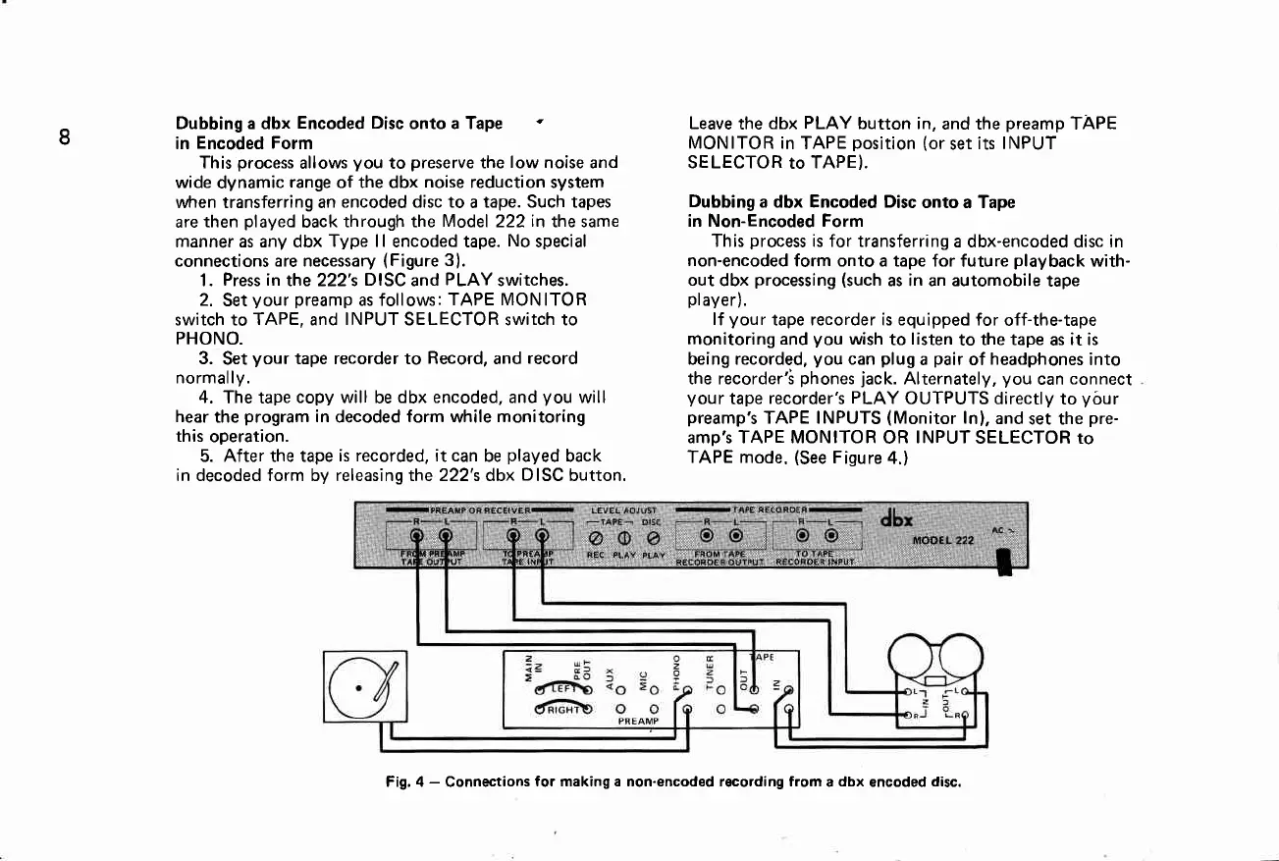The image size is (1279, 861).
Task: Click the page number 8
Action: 63,136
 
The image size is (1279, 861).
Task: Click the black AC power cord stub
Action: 1003,565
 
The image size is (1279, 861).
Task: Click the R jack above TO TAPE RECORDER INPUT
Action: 803,535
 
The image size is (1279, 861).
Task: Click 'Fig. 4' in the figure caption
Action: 403,782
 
